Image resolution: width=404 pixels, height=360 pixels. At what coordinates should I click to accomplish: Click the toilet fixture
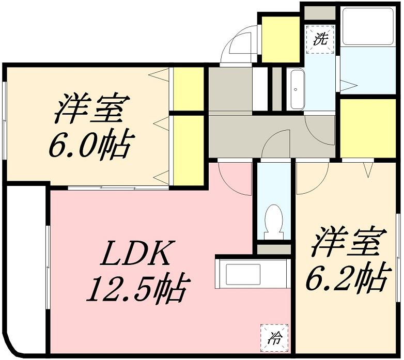click(274, 222)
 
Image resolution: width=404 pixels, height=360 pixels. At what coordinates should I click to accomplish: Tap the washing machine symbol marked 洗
click(320, 39)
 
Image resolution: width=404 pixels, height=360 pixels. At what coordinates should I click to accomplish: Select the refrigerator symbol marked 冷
click(274, 338)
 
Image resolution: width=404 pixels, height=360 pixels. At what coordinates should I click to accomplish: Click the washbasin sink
click(298, 90)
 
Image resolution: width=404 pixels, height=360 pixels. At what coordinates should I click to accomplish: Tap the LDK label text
click(135, 254)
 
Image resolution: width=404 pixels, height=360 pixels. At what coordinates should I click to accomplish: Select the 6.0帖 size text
click(91, 145)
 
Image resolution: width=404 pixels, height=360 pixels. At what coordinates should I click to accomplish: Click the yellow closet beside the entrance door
click(281, 39)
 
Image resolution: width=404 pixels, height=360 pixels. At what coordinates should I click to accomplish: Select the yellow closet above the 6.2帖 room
click(368, 128)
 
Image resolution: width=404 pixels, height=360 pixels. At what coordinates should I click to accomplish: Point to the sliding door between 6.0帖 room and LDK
click(118, 188)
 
